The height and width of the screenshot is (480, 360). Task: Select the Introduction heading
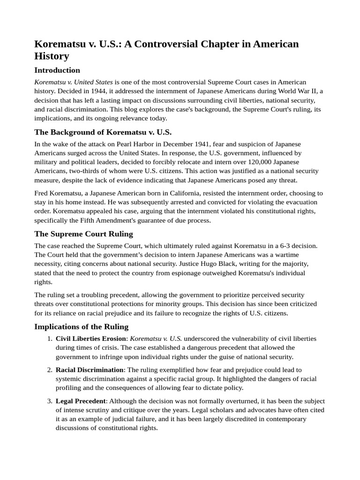(57, 70)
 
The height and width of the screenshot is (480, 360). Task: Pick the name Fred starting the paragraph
(42, 193)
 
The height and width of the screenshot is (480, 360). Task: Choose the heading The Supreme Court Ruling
(84, 233)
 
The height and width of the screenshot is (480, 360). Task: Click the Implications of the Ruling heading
(82, 327)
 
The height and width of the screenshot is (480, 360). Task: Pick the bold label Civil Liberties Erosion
(91, 338)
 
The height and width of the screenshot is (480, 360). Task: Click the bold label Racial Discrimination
(90, 370)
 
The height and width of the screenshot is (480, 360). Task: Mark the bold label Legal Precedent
(81, 401)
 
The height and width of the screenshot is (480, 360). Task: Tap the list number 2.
(50, 370)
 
